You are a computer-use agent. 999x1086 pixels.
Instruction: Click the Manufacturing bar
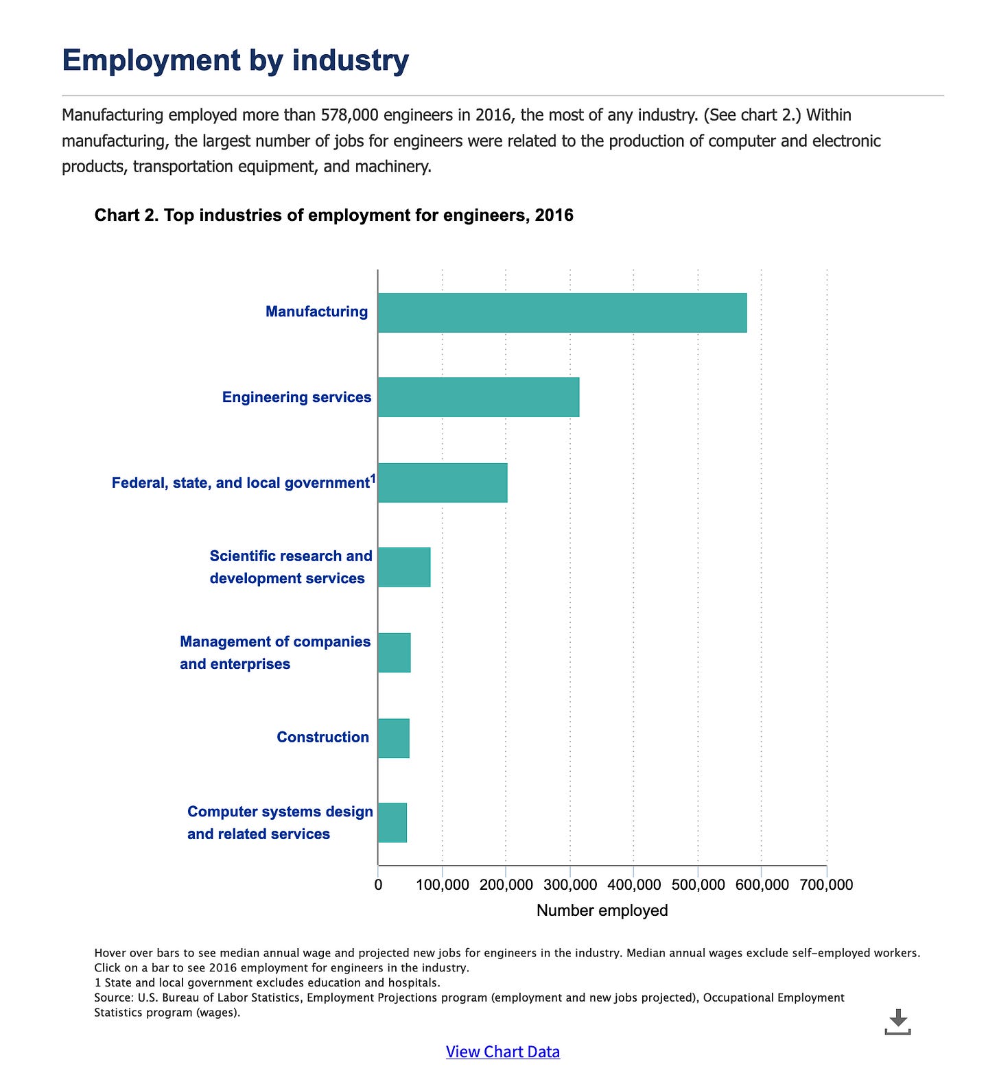(x=562, y=313)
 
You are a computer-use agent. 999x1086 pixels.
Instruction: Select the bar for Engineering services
(x=478, y=397)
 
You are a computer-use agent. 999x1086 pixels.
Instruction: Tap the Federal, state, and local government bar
(x=443, y=482)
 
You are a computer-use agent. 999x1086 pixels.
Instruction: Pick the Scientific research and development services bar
(x=404, y=567)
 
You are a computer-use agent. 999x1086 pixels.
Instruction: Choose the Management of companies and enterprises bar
(x=395, y=652)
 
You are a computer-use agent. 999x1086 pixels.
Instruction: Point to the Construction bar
(x=394, y=738)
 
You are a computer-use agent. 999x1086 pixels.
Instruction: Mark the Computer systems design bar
(x=392, y=823)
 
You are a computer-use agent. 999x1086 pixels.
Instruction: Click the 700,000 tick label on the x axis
(x=826, y=885)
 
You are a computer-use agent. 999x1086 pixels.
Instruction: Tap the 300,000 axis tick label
(x=570, y=885)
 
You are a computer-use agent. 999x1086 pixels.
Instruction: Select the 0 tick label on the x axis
(x=378, y=885)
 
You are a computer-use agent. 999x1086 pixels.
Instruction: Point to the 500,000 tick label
(x=698, y=885)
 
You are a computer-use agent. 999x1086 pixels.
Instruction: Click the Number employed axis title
(x=602, y=910)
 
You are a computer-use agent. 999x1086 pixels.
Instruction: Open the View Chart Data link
(x=502, y=1052)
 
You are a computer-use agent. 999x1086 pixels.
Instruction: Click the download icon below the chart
(x=897, y=1022)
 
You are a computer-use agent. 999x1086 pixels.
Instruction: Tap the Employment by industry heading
(x=235, y=60)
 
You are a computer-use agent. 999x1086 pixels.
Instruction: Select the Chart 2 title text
(x=333, y=215)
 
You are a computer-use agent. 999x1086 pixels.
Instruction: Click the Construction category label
(x=322, y=737)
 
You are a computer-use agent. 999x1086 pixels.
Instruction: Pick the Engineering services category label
(x=296, y=397)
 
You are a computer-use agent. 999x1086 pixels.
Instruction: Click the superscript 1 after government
(x=373, y=478)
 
